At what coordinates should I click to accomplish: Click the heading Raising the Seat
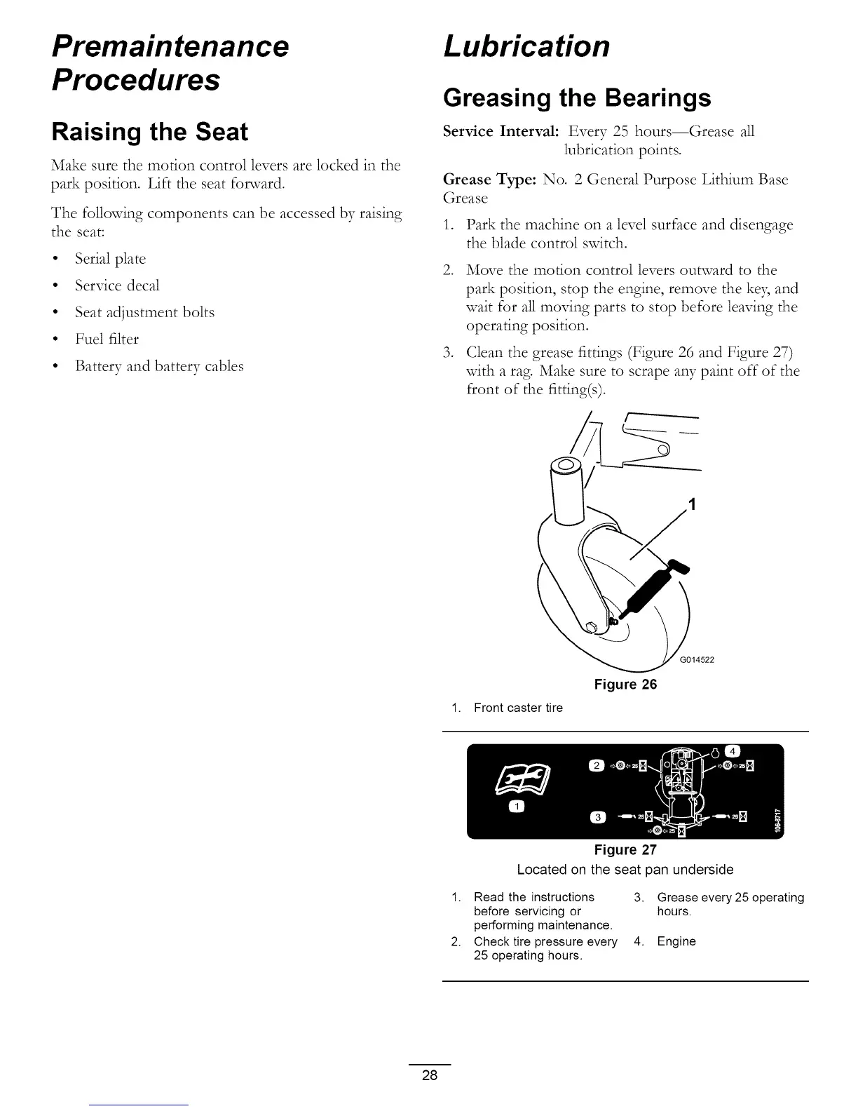pyautogui.click(x=150, y=133)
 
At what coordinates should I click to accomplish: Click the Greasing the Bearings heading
pyautogui.click(x=577, y=98)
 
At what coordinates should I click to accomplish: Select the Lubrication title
pyautogui.click(x=526, y=47)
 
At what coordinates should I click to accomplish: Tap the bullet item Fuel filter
pyautogui.click(x=107, y=339)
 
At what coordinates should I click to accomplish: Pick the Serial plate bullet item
pyautogui.click(x=110, y=259)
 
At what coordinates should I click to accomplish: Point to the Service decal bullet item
pyautogui.click(x=117, y=285)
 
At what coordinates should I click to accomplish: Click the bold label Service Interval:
pyautogui.click(x=500, y=132)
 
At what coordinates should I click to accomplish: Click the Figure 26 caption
pyautogui.click(x=625, y=685)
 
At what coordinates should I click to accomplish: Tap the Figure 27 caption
pyautogui.click(x=625, y=850)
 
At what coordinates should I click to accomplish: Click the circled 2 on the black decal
pyautogui.click(x=597, y=765)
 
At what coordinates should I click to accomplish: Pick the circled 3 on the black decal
pyautogui.click(x=597, y=817)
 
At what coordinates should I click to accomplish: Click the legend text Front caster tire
pyautogui.click(x=518, y=708)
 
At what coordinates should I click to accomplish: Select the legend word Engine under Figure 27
pyautogui.click(x=676, y=941)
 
